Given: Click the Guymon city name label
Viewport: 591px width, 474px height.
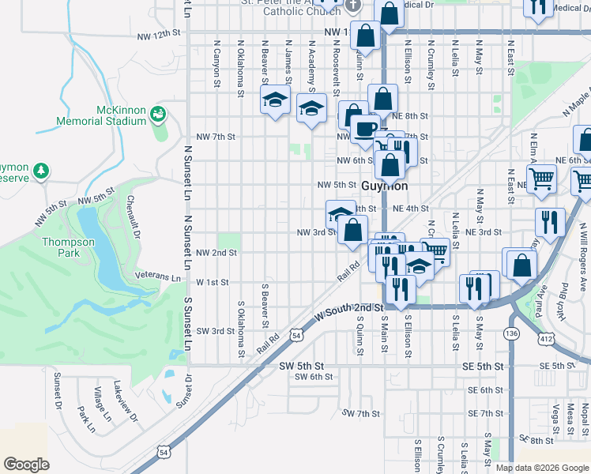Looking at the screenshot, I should [x=385, y=186].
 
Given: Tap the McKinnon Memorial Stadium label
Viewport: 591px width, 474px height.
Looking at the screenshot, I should [x=101, y=115].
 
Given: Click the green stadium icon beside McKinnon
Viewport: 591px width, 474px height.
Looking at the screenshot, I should [x=158, y=115].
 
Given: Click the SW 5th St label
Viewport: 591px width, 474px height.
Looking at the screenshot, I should [x=301, y=367].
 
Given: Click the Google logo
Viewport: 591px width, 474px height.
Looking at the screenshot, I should [x=27, y=465].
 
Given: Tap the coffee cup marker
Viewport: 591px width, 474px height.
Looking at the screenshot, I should [x=364, y=127].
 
